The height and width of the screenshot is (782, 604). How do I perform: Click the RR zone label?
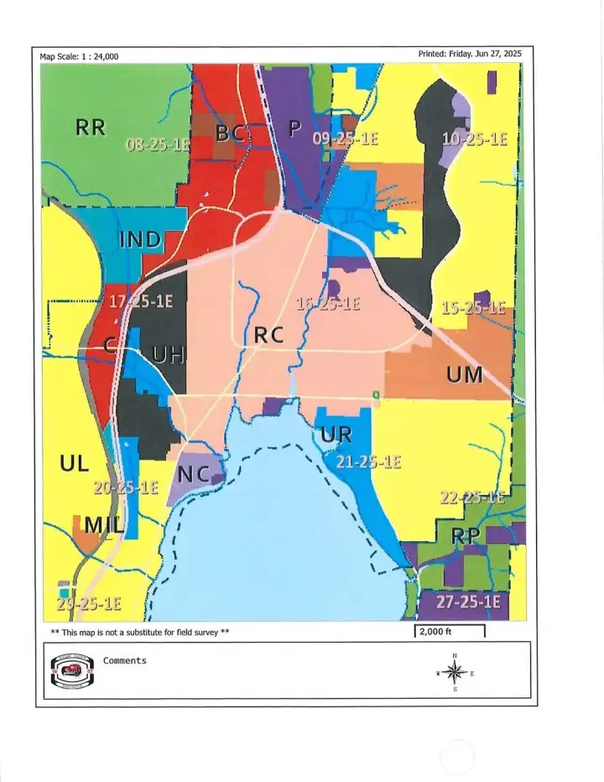tap(91, 128)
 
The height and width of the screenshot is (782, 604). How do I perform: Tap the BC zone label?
tap(230, 133)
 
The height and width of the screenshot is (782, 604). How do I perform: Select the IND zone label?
tap(140, 239)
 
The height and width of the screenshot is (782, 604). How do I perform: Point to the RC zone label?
tap(269, 335)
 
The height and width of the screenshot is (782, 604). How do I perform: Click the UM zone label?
tap(464, 375)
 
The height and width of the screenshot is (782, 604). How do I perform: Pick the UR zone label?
tap(336, 435)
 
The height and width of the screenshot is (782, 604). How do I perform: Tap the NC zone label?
tap(193, 474)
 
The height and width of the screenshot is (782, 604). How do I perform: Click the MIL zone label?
tap(104, 525)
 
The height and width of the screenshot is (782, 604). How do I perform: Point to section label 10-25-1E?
tap(474, 139)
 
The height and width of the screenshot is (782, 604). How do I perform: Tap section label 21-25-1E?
tap(368, 461)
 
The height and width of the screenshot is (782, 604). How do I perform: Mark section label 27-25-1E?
tap(467, 602)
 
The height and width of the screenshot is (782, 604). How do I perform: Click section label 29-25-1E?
tap(89, 603)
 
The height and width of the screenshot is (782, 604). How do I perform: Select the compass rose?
tap(455, 671)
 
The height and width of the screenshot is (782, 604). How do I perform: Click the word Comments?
tap(124, 660)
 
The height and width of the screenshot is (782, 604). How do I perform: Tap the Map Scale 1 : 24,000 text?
tap(79, 56)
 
